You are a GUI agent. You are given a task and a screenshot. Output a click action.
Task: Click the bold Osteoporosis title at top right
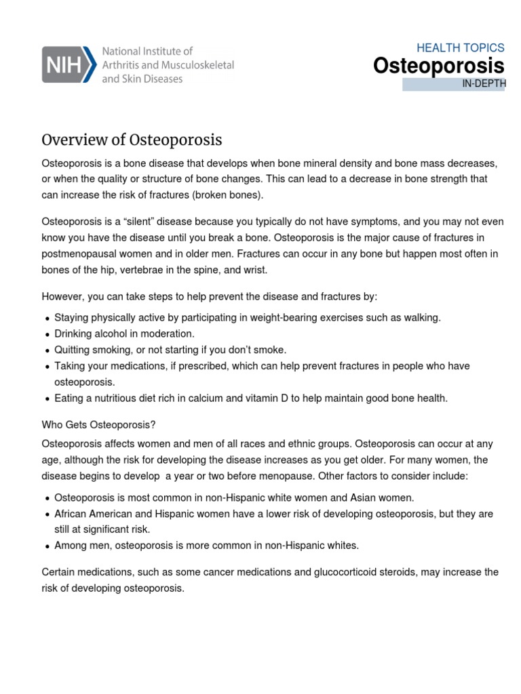[x=439, y=66]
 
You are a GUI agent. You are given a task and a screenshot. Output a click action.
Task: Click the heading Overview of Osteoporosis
[x=132, y=140]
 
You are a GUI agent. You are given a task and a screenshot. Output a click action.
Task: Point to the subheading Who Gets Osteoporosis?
[x=99, y=424]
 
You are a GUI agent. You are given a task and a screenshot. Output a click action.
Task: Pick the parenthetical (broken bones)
[x=227, y=195]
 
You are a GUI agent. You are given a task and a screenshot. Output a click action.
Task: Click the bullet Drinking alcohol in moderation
[x=124, y=333]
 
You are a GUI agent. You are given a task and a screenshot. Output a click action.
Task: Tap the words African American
[x=92, y=514]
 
